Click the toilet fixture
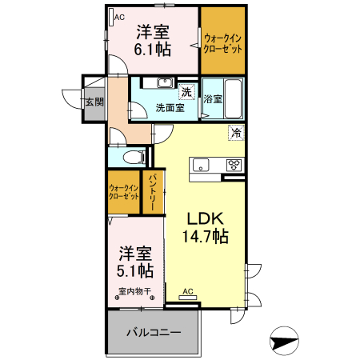tap(134, 157)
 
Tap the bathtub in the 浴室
tap(234, 98)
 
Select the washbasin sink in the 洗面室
tap(165, 82)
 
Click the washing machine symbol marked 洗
tap(186, 92)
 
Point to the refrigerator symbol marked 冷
tap(236, 133)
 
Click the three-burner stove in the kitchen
tap(234, 165)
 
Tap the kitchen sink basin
tap(201, 165)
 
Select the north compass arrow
tap(284, 341)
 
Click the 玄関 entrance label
tap(94, 102)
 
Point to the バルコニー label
tap(154, 333)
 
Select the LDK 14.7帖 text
tap(206, 227)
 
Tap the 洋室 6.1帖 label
tap(153, 41)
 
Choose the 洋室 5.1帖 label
tap(135, 262)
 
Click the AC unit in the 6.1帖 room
tap(111, 18)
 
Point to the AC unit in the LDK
tap(188, 298)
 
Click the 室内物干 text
tap(134, 291)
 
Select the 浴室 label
tap(213, 99)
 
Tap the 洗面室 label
tap(170, 108)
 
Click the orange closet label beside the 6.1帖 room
tap(222, 44)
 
